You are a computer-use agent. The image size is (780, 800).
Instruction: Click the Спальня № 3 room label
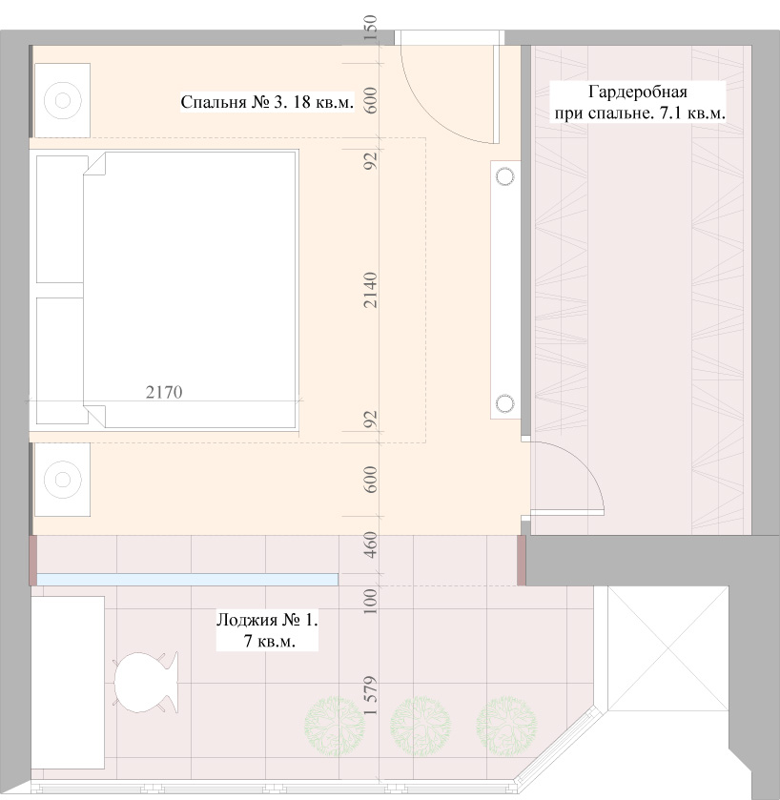pos(267,102)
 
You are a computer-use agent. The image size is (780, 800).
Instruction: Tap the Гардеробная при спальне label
pos(640,102)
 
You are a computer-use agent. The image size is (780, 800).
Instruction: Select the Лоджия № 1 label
pos(267,630)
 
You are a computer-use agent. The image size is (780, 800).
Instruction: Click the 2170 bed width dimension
pos(164,392)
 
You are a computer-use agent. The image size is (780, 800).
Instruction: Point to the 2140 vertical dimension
pos(371,290)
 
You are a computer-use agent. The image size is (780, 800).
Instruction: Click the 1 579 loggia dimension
pos(371,695)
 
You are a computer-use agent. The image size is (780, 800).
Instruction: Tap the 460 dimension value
pos(371,544)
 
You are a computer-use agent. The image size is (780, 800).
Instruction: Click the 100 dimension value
pos(371,601)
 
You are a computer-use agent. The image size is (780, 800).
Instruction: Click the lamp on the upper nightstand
pos(62,100)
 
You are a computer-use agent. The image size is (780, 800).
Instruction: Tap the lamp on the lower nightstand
pos(62,480)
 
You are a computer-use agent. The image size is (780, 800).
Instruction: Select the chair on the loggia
pos(146,682)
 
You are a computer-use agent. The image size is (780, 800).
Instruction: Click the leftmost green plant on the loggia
pos(335,727)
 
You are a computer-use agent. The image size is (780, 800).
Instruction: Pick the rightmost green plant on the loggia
pos(506,727)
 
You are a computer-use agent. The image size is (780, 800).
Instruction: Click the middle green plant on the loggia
pos(421,727)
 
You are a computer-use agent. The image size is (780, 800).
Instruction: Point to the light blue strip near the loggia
pos(187,579)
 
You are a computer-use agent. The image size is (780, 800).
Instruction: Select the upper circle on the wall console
pos(505,176)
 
